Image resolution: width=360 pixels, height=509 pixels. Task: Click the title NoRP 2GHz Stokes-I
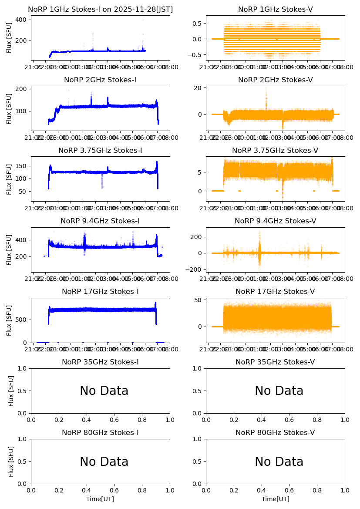[100, 80]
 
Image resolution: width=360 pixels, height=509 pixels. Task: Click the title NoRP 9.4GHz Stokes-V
[275, 221]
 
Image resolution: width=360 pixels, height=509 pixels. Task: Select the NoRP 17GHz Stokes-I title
[100, 292]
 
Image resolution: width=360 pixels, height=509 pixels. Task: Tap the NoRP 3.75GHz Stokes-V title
[275, 151]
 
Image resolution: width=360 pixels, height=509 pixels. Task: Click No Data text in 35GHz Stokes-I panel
[104, 391]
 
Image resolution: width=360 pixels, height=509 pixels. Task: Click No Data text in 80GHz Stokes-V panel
[279, 462]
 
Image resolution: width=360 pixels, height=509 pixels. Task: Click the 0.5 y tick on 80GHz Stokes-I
[23, 462]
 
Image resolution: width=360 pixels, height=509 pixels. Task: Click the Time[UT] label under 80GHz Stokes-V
[275, 499]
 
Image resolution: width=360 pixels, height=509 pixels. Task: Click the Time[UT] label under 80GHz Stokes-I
[100, 499]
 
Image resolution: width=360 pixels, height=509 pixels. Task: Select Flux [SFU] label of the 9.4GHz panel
[9, 249]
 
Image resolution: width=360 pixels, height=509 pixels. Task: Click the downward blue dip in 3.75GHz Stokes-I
[102, 183]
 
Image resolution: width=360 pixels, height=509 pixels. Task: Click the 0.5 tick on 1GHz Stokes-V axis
[197, 24]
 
